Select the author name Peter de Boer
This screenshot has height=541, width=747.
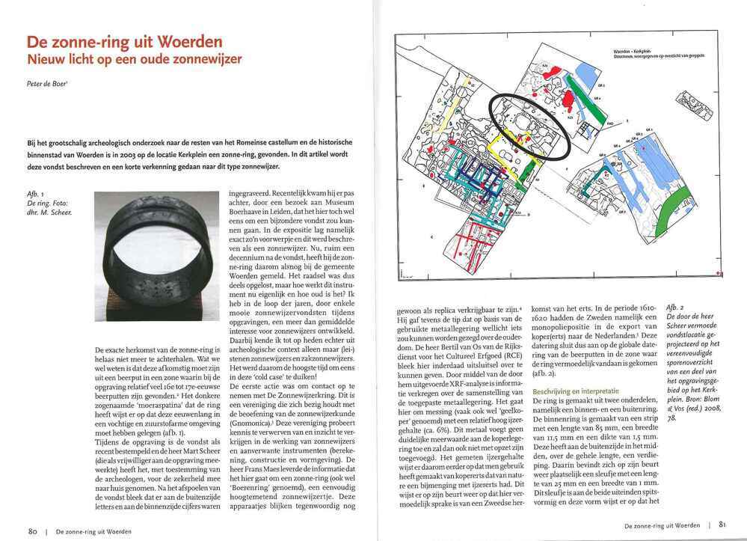tap(46, 84)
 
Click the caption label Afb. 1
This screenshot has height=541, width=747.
tap(35, 194)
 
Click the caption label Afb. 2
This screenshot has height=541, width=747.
tap(674, 307)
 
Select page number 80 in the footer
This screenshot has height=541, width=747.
tap(33, 531)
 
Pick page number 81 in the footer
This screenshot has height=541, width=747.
tap(722, 525)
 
